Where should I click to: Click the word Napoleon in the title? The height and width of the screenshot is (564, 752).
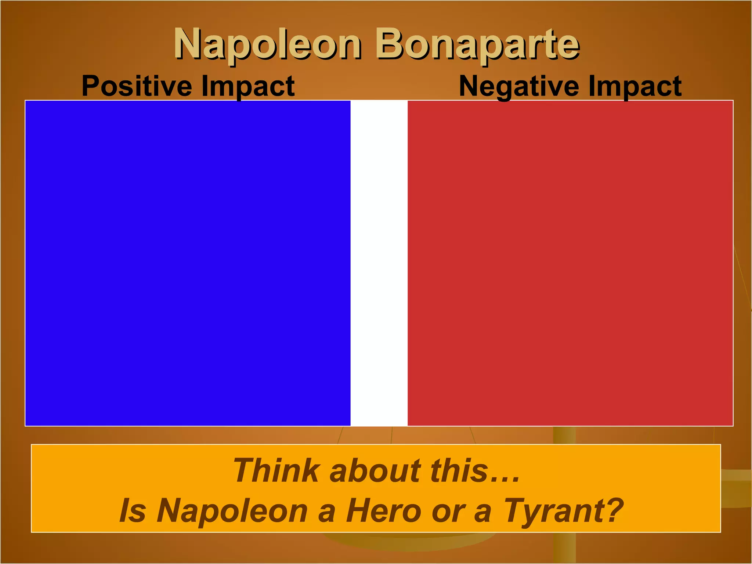tap(267, 45)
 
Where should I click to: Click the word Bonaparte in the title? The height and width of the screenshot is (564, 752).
tap(477, 45)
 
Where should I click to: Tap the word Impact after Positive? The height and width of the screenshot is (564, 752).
tap(248, 87)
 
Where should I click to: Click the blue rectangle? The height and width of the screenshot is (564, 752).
tap(188, 263)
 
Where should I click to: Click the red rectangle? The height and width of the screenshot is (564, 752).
tap(570, 263)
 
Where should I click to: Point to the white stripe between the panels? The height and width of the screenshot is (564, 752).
tap(379, 263)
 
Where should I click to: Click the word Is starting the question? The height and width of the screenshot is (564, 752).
tap(133, 511)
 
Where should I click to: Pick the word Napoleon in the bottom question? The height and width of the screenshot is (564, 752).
tap(232, 511)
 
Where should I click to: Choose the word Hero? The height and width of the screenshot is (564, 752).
tap(383, 511)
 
